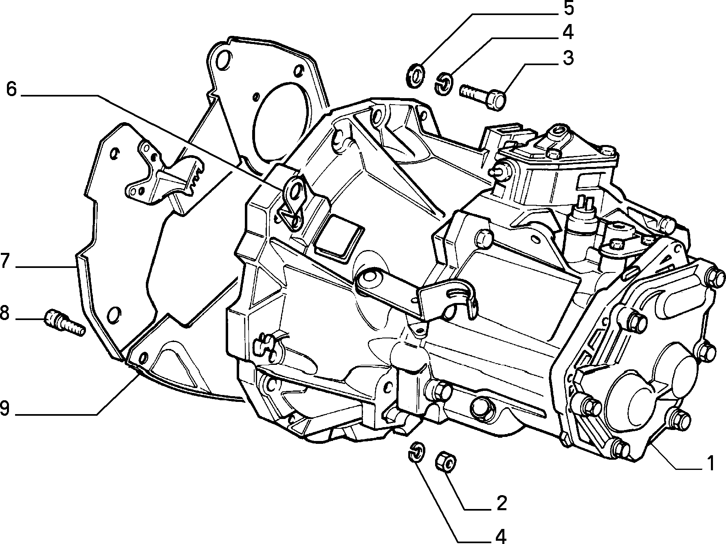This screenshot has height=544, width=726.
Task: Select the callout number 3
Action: pyautogui.click(x=568, y=58)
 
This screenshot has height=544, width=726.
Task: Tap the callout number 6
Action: pyautogui.click(x=11, y=89)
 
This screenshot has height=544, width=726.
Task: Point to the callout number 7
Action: pyautogui.click(x=4, y=261)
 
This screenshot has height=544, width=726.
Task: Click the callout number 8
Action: pyautogui.click(x=4, y=314)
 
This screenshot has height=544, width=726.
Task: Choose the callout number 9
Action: pyautogui.click(x=4, y=408)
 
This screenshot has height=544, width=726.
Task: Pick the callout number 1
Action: pyautogui.click(x=710, y=464)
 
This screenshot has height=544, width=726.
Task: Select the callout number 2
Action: pyautogui.click(x=501, y=504)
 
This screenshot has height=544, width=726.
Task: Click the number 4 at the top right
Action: pyautogui.click(x=567, y=33)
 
